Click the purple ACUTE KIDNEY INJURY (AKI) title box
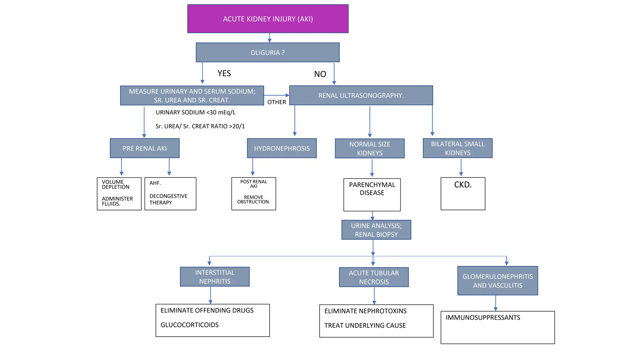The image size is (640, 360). pos(268,19)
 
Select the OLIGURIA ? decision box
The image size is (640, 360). pos(267,52)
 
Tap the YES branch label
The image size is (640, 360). pos(224,73)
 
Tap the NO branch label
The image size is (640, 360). pos(320,74)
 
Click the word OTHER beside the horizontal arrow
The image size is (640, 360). pos(277,102)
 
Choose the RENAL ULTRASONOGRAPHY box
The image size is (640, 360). pos(361,95)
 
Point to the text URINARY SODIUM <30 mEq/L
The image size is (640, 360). pos(196,112)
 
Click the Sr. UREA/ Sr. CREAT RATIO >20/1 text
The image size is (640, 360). pos(200,126)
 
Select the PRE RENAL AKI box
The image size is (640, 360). pos(145,148)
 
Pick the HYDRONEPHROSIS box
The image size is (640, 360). pos(282,148)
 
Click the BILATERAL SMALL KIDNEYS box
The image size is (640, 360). pos(457,148)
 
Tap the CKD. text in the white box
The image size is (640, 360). pos(463,185)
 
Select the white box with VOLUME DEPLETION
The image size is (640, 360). pos(119,194)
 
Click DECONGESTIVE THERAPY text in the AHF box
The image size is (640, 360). pos(168,199)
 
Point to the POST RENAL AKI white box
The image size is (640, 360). pos(253,194)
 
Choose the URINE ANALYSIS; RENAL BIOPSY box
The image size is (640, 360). pos(376,230)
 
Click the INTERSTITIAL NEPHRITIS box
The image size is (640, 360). pos(215,277)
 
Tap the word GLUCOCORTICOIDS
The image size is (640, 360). pos(189,325)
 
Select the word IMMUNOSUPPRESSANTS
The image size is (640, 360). pos(483,318)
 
